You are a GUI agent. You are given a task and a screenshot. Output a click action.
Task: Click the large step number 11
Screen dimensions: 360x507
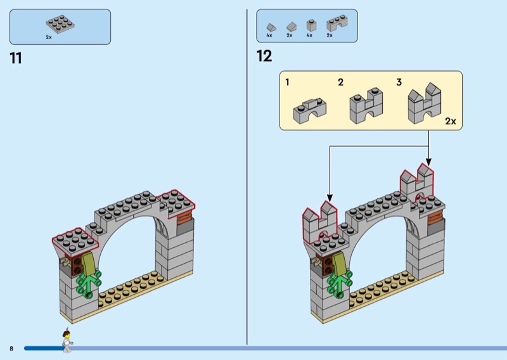(x=16, y=58)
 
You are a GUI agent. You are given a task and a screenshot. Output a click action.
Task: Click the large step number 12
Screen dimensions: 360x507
(x=264, y=56)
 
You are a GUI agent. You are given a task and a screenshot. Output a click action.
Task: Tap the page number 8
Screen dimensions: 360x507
(x=11, y=348)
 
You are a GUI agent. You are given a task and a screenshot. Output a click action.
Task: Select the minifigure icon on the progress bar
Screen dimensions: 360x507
(x=65, y=341)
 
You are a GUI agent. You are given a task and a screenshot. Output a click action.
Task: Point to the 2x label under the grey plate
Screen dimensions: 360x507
(x=49, y=37)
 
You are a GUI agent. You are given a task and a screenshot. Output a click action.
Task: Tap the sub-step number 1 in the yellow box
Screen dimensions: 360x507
(x=288, y=82)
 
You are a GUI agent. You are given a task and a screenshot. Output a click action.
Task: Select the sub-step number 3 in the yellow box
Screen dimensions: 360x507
(x=399, y=82)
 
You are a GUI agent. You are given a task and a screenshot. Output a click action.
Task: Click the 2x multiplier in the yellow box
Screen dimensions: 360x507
(x=450, y=120)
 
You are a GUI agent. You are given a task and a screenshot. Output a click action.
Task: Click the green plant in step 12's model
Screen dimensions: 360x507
(x=340, y=283)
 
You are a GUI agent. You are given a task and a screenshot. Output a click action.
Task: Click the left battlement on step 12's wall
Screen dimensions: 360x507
(x=318, y=219)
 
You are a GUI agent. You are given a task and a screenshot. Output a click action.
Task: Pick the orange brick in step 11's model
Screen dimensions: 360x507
(x=184, y=219)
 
